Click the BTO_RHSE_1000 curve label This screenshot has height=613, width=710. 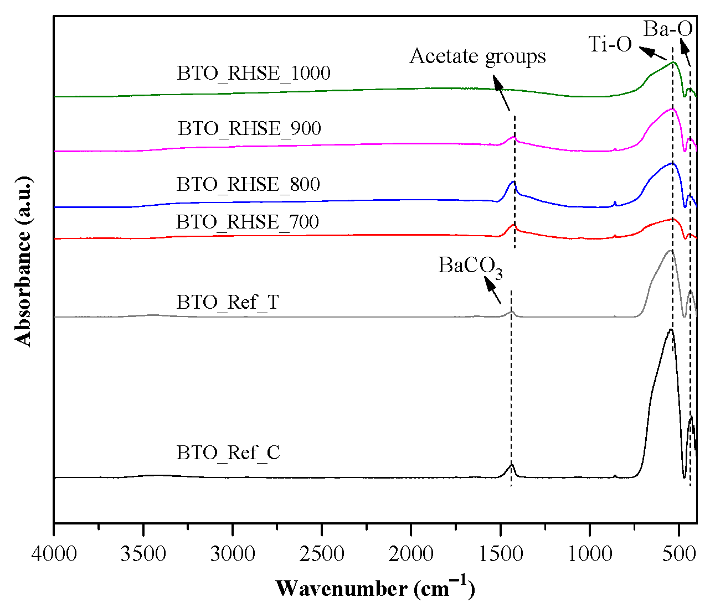tap(254, 73)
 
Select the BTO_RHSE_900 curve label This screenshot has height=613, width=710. tap(249, 128)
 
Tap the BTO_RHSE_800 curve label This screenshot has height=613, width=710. tap(248, 184)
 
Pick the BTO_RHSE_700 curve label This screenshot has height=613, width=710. tap(248, 222)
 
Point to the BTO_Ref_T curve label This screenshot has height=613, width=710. tap(228, 303)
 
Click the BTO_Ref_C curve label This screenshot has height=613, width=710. tap(228, 453)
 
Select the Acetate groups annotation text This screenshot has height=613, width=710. tap(477, 56)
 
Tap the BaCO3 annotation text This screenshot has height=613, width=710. tap(470, 266)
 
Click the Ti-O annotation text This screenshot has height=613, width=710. tap(610, 44)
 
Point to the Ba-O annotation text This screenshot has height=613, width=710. tap(668, 29)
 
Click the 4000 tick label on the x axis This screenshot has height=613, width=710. tap(54, 553)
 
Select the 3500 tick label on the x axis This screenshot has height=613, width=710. tap(143, 553)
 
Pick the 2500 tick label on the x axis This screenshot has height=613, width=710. tap(322, 553)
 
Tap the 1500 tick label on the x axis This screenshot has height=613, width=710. tap(500, 553)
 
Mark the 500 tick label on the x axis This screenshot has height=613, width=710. tap(679, 553)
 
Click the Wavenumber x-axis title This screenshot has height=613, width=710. tap(375, 588)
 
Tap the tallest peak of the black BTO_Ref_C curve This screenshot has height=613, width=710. tap(671, 330)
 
